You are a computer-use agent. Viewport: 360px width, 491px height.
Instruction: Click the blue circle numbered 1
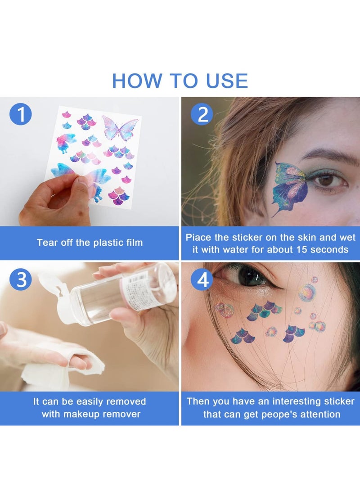pyautogui.click(x=21, y=114)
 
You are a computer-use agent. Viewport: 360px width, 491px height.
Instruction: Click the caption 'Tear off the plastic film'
pyautogui.click(x=90, y=243)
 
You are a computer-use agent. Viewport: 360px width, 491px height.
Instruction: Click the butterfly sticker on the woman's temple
pyautogui.click(x=291, y=187)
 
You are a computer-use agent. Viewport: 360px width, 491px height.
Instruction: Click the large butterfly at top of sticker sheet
pyautogui.click(x=120, y=128)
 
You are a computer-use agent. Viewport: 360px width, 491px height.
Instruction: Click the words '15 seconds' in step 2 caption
pyautogui.click(x=320, y=249)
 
